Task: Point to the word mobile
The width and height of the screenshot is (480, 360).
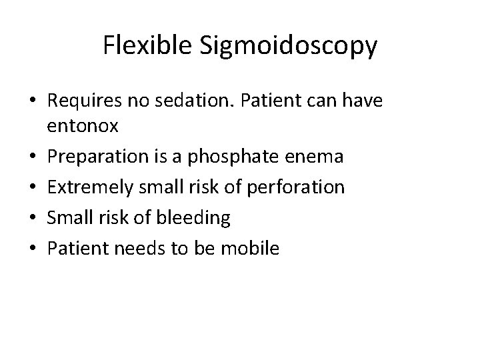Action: coord(251,249)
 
